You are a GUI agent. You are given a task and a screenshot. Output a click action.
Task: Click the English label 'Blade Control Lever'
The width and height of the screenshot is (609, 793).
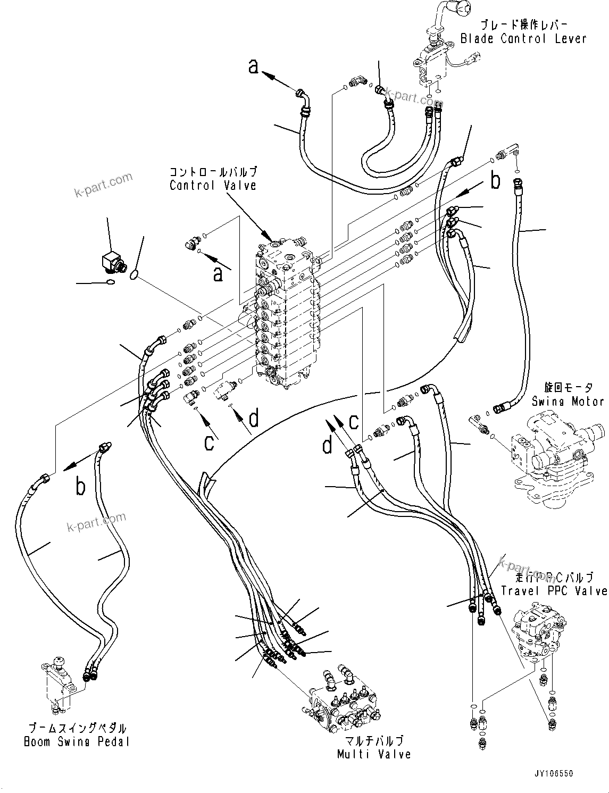coord(523,38)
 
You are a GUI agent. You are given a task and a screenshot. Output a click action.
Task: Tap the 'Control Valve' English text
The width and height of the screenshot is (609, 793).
coord(213,185)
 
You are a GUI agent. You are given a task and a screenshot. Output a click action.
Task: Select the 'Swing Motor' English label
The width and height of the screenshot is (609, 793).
coord(568,402)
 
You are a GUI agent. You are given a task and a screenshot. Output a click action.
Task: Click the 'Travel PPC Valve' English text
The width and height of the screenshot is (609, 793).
coord(554,591)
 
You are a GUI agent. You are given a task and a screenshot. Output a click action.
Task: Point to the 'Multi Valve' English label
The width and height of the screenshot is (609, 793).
coord(374,754)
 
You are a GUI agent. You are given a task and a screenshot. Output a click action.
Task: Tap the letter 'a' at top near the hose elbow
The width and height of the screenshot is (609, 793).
coord(254,66)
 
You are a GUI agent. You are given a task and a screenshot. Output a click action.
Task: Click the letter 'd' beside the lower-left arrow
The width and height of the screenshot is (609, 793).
coord(254,419)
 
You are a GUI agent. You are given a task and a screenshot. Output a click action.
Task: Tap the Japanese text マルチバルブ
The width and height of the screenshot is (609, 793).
coord(374,741)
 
